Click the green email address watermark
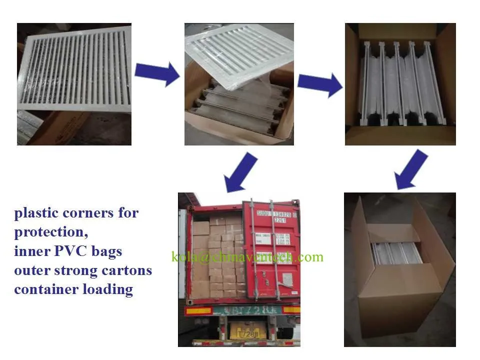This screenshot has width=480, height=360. (247, 257)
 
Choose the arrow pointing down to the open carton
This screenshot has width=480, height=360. (411, 170)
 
